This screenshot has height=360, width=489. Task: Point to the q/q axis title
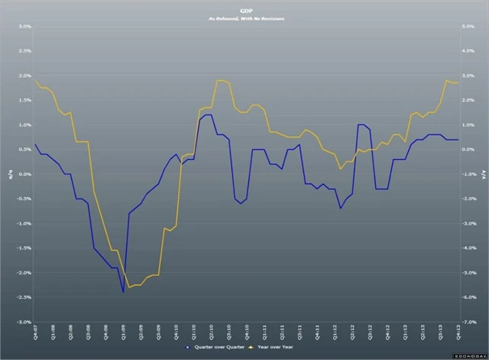point(9,175)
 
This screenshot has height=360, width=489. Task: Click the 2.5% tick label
point(24,51)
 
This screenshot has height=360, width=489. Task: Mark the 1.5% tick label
point(24,100)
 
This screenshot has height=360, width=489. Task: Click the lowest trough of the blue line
point(123,291)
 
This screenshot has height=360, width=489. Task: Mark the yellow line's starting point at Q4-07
point(35,80)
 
